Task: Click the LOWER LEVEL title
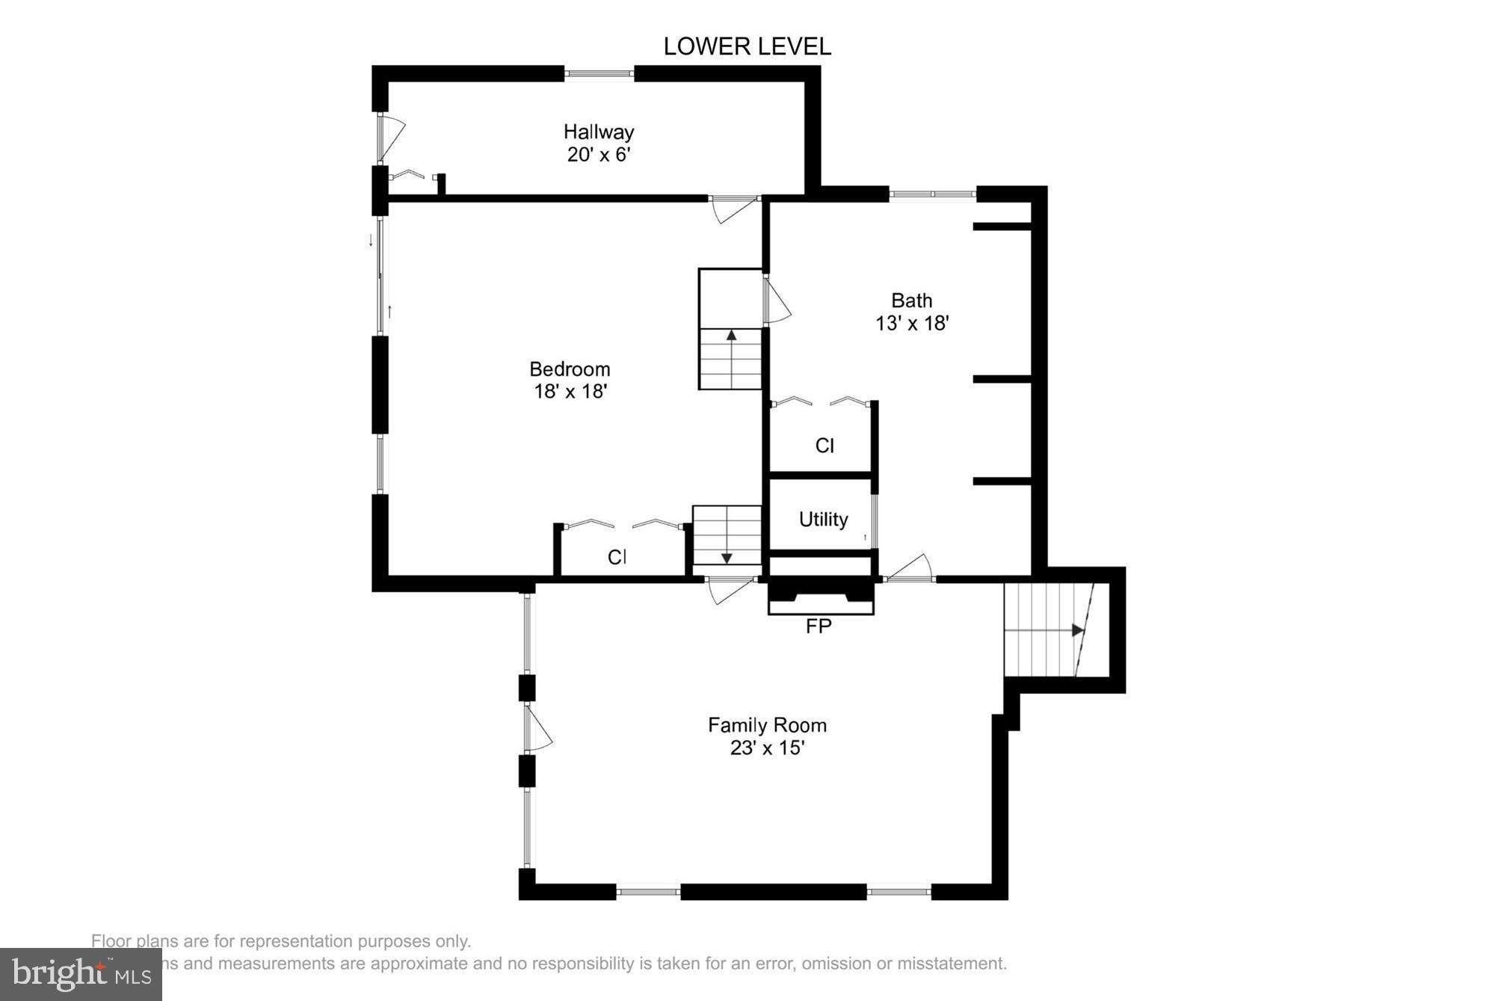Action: point(747,46)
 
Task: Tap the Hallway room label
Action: point(599,132)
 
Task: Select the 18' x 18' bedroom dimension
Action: point(570,392)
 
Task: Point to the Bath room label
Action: point(911,301)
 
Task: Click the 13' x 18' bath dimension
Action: point(912,324)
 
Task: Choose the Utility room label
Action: point(823,520)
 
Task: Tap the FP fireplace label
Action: point(819,626)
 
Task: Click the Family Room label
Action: point(767,725)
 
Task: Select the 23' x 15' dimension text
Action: point(767,748)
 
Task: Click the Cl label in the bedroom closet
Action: point(617,557)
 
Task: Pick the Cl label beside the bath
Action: point(824,446)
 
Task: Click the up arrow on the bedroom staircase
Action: point(731,336)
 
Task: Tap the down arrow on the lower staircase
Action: point(727,558)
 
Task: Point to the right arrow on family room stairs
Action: point(1077,630)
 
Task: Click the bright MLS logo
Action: point(81,974)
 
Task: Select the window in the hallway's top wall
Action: point(599,73)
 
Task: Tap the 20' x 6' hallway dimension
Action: point(599,155)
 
